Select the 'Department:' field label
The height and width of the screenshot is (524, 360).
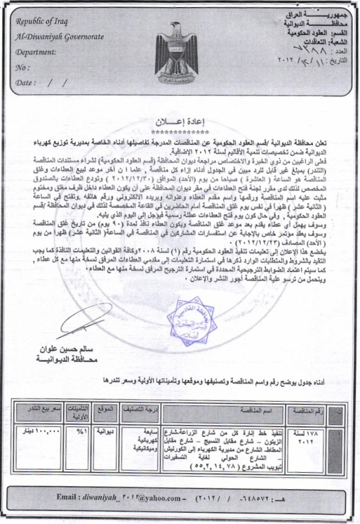click(39, 52)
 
